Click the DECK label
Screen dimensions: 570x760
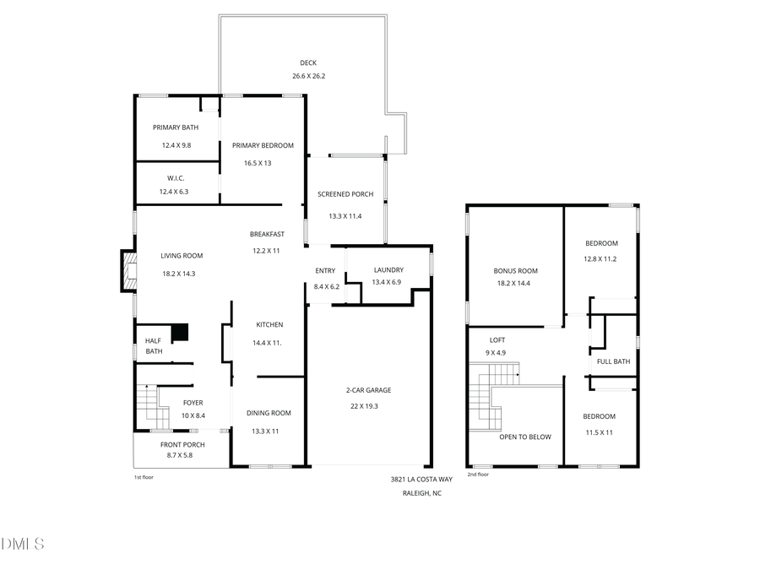[x=308, y=62]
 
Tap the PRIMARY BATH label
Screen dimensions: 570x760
[x=176, y=128]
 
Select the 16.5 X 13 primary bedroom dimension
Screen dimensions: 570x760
[x=258, y=163]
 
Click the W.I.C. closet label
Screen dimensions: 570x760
[x=176, y=178]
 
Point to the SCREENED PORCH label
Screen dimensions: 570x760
[x=345, y=194]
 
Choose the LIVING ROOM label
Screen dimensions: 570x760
[x=182, y=255]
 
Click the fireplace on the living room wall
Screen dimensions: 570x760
[x=128, y=269]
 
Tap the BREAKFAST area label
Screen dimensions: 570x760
[x=267, y=234]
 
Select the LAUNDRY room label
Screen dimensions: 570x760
[x=388, y=270]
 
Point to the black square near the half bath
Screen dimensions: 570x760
[x=179, y=333]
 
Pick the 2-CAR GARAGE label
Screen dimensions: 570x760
[x=368, y=390]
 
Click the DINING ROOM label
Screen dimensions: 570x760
[x=269, y=413]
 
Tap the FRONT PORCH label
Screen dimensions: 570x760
[x=182, y=444]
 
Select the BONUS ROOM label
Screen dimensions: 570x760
[x=515, y=271]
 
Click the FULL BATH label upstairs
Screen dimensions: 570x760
[x=613, y=361]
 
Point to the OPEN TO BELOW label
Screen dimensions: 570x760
[x=524, y=437]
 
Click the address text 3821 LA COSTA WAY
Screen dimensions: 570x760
[x=421, y=479]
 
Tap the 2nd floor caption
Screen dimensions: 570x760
[x=478, y=475]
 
